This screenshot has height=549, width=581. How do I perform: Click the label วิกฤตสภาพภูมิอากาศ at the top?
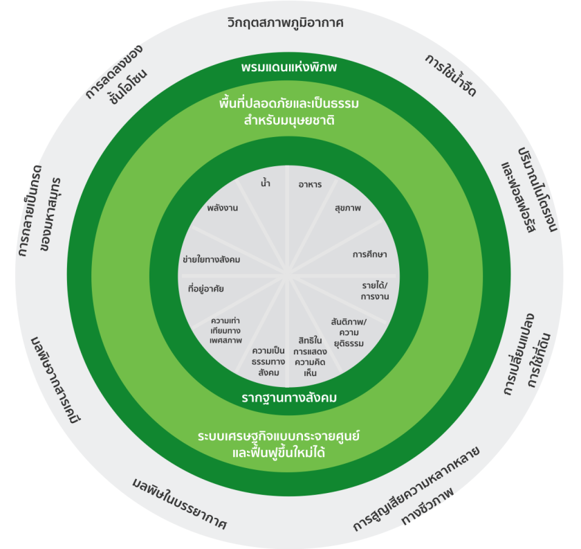[285, 23]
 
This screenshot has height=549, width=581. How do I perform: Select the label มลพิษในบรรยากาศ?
[179, 504]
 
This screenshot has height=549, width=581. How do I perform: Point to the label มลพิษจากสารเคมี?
[55, 380]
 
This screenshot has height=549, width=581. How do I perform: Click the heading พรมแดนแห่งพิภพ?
[288, 67]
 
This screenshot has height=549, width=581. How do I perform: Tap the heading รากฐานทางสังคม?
[289, 398]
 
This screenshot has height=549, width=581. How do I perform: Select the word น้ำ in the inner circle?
[266, 183]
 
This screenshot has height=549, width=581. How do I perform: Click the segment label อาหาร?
[310, 184]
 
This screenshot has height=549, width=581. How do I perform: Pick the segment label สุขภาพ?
[347, 208]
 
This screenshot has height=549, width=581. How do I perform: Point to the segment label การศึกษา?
[369, 255]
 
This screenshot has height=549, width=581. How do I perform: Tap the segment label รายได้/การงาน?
[375, 291]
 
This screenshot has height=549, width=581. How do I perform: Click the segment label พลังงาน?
[222, 208]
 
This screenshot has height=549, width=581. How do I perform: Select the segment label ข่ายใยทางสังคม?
[211, 260]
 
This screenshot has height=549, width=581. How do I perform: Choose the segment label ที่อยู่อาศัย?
[206, 289]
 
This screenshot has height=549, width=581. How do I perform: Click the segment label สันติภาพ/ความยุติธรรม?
[349, 333]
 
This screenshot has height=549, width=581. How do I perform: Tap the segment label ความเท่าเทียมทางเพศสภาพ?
[225, 330]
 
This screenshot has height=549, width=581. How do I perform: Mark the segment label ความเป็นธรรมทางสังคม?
[268, 361]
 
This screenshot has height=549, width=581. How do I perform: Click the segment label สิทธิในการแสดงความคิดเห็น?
[310, 357]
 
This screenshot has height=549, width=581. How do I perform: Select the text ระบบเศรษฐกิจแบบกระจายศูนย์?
[279, 436]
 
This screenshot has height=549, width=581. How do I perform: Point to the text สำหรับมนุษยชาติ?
[289, 121]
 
